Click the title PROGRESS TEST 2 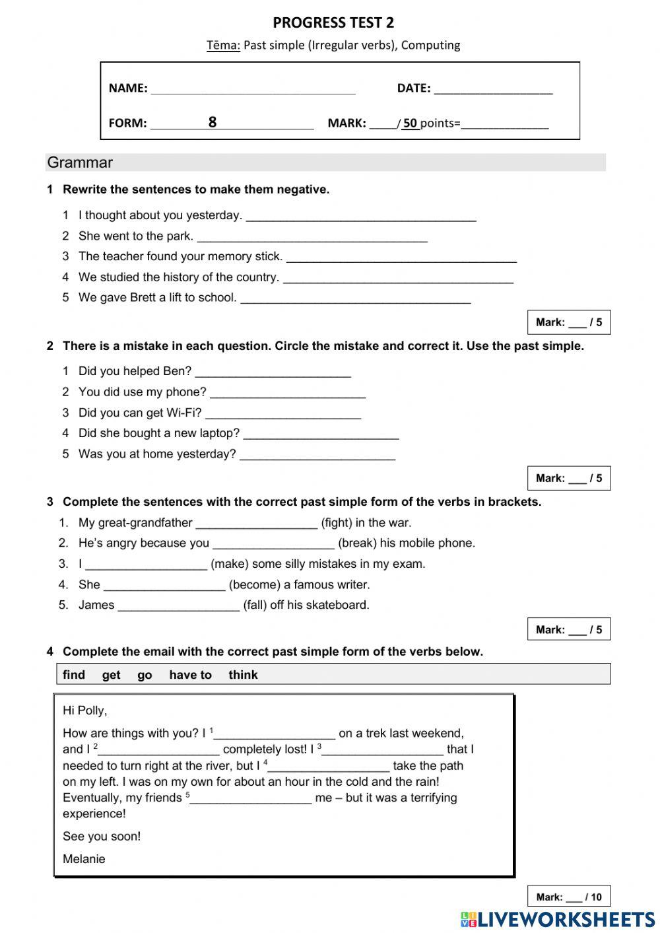(x=333, y=23)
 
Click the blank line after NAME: (x=253, y=89)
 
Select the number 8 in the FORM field (x=212, y=122)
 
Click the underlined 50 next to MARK (x=410, y=123)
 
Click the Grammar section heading (x=80, y=162)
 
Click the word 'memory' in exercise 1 (x=236, y=256)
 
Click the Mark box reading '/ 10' (x=568, y=897)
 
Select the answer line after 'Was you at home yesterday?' (x=317, y=456)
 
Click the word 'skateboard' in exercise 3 (x=336, y=605)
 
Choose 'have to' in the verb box (x=190, y=675)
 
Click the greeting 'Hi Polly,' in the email (x=84, y=710)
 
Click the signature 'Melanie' (x=84, y=859)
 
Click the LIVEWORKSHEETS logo (x=557, y=919)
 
